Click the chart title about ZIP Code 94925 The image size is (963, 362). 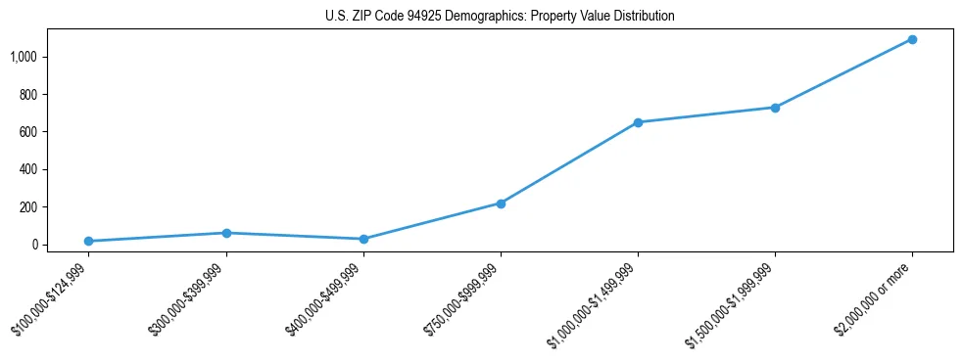coord(500,17)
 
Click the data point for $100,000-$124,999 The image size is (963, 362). coord(89,241)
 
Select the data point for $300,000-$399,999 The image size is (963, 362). coord(226,233)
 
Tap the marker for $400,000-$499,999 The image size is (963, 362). coord(363,239)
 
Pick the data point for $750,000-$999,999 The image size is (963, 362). coord(501,204)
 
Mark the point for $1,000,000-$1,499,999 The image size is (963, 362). coord(638,122)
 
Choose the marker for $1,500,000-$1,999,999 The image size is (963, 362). coord(775,108)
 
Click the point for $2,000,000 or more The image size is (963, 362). coord(912,39)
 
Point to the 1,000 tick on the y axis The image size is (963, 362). coord(23,57)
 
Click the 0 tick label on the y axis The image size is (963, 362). coord(33,245)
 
